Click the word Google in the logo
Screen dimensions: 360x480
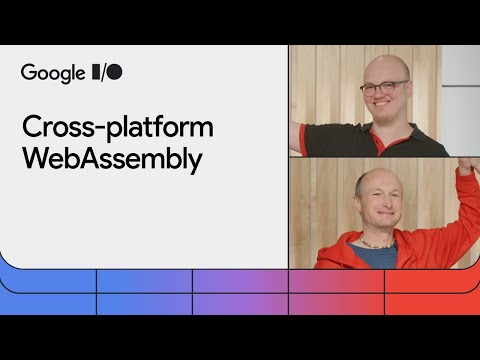52,72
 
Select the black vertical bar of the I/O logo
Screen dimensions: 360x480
96,72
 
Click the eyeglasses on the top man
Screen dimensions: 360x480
383,87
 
